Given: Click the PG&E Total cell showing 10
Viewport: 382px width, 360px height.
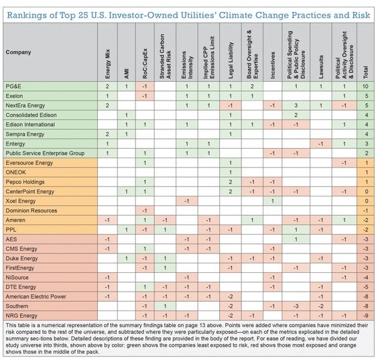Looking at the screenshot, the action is click(x=365, y=86).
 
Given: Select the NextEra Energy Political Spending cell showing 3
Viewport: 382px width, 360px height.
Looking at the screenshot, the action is click(x=296, y=105).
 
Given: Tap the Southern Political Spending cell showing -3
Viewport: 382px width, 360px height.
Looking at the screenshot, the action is click(x=296, y=306).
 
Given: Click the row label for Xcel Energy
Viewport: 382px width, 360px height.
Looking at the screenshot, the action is click(x=21, y=201).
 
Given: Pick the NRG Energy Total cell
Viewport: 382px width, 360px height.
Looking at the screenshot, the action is click(x=365, y=316).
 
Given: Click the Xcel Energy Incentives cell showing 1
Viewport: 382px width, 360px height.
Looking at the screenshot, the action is click(x=272, y=201).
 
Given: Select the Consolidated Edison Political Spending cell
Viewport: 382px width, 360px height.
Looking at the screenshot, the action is click(x=296, y=115).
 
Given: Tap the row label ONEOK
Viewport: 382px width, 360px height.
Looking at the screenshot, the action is click(x=16, y=172).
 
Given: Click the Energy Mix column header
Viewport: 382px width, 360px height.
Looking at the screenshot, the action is click(x=107, y=64).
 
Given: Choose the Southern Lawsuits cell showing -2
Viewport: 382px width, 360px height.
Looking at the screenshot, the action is click(x=320, y=306).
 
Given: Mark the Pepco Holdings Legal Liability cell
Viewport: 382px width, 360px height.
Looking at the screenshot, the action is click(x=231, y=182).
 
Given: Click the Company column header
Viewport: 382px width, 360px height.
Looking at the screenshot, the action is click(x=18, y=52).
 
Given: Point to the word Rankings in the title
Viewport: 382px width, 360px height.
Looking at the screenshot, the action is click(x=27, y=15).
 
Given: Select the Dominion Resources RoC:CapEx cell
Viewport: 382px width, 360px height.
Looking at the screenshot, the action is click(x=145, y=211).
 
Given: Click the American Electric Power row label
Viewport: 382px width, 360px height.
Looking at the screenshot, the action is click(x=36, y=296).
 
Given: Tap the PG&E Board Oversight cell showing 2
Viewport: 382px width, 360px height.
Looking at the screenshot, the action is click(x=252, y=86).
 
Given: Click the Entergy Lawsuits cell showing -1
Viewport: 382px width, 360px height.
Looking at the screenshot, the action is click(x=320, y=144).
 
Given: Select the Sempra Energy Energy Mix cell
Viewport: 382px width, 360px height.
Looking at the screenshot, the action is click(x=107, y=134).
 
